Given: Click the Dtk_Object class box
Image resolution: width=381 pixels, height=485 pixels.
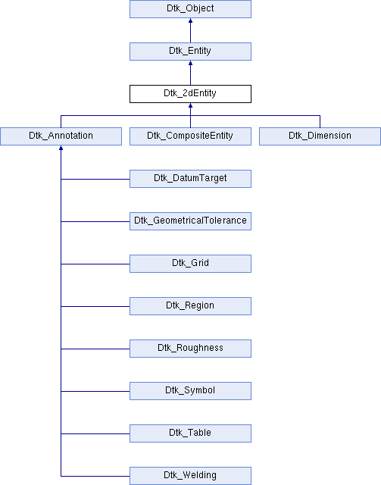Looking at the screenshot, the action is (x=190, y=9).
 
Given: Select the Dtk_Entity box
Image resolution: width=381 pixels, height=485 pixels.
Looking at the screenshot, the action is (x=190, y=52).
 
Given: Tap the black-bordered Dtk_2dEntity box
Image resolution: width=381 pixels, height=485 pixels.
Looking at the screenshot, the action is (x=190, y=94).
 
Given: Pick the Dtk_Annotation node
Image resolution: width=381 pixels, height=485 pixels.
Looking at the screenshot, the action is (x=61, y=136).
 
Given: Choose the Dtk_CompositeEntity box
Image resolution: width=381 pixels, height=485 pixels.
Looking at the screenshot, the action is (x=190, y=136).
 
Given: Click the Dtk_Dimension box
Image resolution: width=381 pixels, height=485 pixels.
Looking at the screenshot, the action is (x=320, y=136).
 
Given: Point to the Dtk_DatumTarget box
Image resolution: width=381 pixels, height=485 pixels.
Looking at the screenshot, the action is (x=190, y=179).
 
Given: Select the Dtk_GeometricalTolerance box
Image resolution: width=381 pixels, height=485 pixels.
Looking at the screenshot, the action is (x=190, y=221).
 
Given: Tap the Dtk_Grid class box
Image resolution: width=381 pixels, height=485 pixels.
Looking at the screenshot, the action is (x=190, y=264).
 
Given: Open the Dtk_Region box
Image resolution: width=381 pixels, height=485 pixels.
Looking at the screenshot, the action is (x=190, y=306).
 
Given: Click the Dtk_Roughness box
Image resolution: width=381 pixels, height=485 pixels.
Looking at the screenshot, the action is (x=190, y=349).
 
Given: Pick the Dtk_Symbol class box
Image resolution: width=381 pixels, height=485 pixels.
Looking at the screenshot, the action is (x=190, y=391).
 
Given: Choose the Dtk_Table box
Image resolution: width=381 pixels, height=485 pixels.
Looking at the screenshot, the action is (x=190, y=433).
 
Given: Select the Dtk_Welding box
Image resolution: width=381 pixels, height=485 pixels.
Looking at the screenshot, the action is (x=190, y=476).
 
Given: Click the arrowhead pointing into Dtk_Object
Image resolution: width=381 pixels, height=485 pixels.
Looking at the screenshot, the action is (x=190, y=20).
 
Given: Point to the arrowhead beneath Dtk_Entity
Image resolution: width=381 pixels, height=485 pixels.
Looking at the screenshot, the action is (x=190, y=63).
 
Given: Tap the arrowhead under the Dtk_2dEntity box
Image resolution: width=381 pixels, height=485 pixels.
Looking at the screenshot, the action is (x=190, y=105).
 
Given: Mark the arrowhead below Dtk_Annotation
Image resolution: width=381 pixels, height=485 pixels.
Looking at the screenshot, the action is (x=61, y=148).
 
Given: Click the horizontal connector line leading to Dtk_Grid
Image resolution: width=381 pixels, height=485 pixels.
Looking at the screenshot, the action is (x=95, y=264).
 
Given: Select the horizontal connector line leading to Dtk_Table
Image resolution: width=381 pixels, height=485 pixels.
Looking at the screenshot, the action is (x=95, y=433).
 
